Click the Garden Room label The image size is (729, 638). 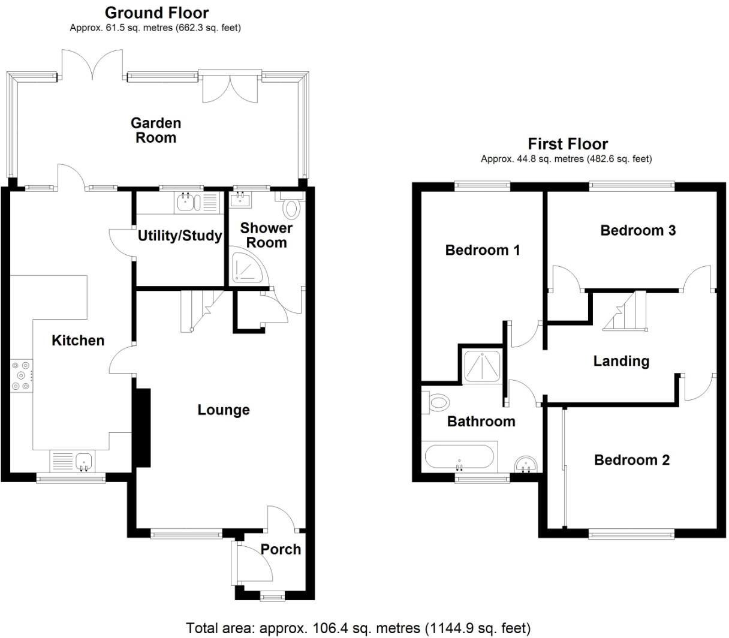click(156, 130)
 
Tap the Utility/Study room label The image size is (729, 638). click(179, 236)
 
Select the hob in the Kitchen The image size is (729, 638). click(20, 375)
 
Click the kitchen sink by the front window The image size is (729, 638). click(84, 461)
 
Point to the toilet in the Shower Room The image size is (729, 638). click(292, 207)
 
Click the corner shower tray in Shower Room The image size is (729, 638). click(245, 268)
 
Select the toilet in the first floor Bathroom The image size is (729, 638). click(439, 402)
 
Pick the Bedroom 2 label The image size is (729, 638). click(632, 460)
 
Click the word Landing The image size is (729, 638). click(621, 361)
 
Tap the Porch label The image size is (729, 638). click(281, 549)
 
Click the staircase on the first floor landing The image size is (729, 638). click(627, 311)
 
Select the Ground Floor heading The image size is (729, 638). click(156, 13)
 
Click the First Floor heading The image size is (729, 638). click(567, 144)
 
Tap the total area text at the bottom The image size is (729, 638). click(359, 628)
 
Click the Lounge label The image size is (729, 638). click(224, 410)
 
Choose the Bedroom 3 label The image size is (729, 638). click(638, 230)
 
